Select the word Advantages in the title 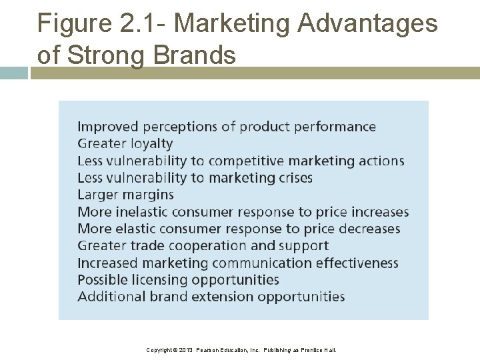coord(367,25)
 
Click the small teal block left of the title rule coord(13,73)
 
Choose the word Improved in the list coord(108,127)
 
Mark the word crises coord(292,178)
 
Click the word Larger coord(98,195)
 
